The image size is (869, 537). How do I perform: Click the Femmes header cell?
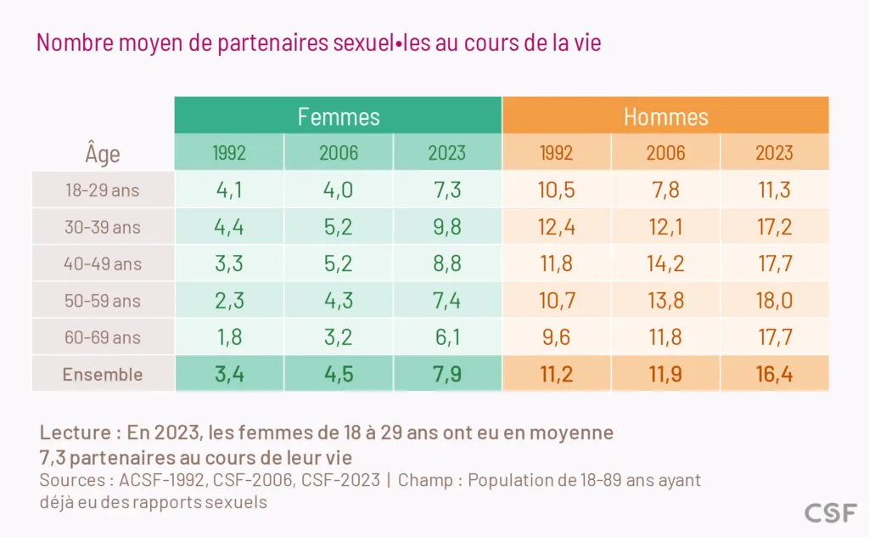click(339, 116)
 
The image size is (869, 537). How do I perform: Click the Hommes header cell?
click(665, 116)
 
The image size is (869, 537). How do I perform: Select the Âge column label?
click(103, 154)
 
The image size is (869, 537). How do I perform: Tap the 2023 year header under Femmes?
click(447, 153)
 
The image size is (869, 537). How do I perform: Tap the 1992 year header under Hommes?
click(556, 153)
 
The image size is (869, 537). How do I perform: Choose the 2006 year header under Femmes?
click(339, 153)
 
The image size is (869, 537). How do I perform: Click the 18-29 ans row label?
click(103, 190)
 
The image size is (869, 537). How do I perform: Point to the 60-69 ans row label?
click(103, 337)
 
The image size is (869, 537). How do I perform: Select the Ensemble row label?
click(103, 375)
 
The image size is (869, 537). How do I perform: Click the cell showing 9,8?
click(447, 227)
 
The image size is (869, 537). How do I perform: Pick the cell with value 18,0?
click(774, 301)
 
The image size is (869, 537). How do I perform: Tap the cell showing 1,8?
click(229, 337)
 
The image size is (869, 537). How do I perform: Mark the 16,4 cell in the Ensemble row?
click(774, 375)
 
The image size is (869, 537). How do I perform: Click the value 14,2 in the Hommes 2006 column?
click(665, 263)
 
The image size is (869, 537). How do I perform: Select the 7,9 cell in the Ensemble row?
click(447, 375)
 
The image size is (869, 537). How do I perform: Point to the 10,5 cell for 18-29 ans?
click(556, 190)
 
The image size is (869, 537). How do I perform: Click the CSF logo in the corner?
click(831, 512)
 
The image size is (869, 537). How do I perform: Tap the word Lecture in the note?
click(75, 432)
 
